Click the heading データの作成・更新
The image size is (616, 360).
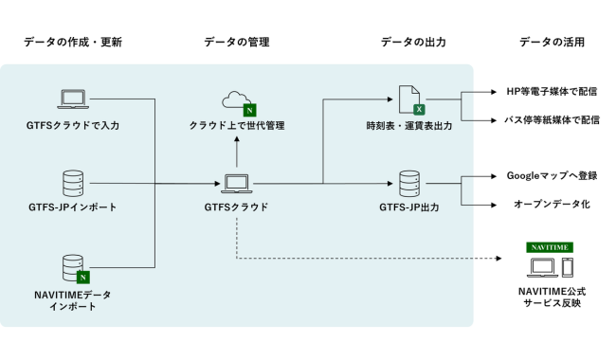73,43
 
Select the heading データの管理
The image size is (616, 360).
237,43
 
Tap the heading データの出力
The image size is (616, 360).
413,43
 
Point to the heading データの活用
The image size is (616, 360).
553,43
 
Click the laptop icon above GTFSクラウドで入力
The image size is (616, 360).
73,98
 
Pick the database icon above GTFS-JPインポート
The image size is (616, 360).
73,182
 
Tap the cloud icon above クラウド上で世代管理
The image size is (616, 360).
236,99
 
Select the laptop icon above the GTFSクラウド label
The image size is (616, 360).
236,182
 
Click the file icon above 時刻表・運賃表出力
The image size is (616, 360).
410,99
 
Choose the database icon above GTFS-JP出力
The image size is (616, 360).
409,182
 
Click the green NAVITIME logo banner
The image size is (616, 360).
550,247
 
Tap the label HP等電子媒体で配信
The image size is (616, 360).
553,92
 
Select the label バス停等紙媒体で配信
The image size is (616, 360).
553,120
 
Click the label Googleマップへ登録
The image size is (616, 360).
553,175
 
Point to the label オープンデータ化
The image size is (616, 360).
553,204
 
